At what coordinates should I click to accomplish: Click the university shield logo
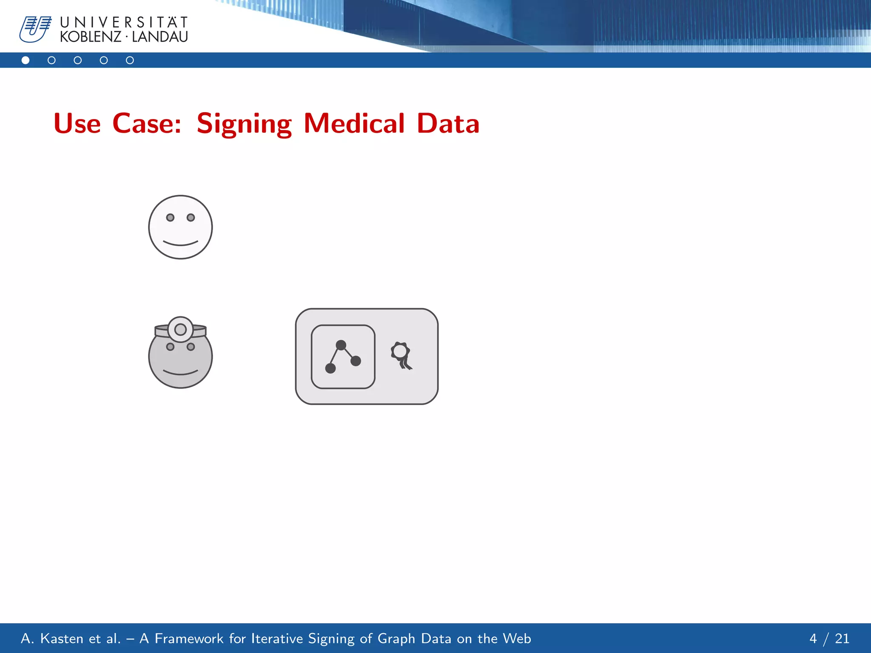[35, 29]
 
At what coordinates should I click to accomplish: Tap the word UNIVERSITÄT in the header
[124, 22]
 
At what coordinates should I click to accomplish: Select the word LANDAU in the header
[160, 37]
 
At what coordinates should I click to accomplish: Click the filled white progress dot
[26, 60]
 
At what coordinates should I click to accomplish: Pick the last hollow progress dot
[130, 60]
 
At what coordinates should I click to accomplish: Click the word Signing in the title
[244, 124]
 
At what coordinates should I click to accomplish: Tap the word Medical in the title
[354, 124]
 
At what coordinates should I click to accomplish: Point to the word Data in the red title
[448, 124]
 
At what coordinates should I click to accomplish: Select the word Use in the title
[77, 124]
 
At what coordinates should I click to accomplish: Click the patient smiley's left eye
[170, 218]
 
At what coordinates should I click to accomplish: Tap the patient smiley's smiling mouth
[180, 244]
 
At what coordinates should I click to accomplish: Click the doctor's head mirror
[180, 329]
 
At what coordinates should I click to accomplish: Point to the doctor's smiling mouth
[180, 373]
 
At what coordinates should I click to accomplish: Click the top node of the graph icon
[341, 345]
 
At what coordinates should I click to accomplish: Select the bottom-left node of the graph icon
[330, 368]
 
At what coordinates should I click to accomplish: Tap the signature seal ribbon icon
[401, 355]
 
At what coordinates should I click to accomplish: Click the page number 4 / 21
[829, 639]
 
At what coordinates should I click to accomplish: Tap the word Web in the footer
[517, 639]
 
